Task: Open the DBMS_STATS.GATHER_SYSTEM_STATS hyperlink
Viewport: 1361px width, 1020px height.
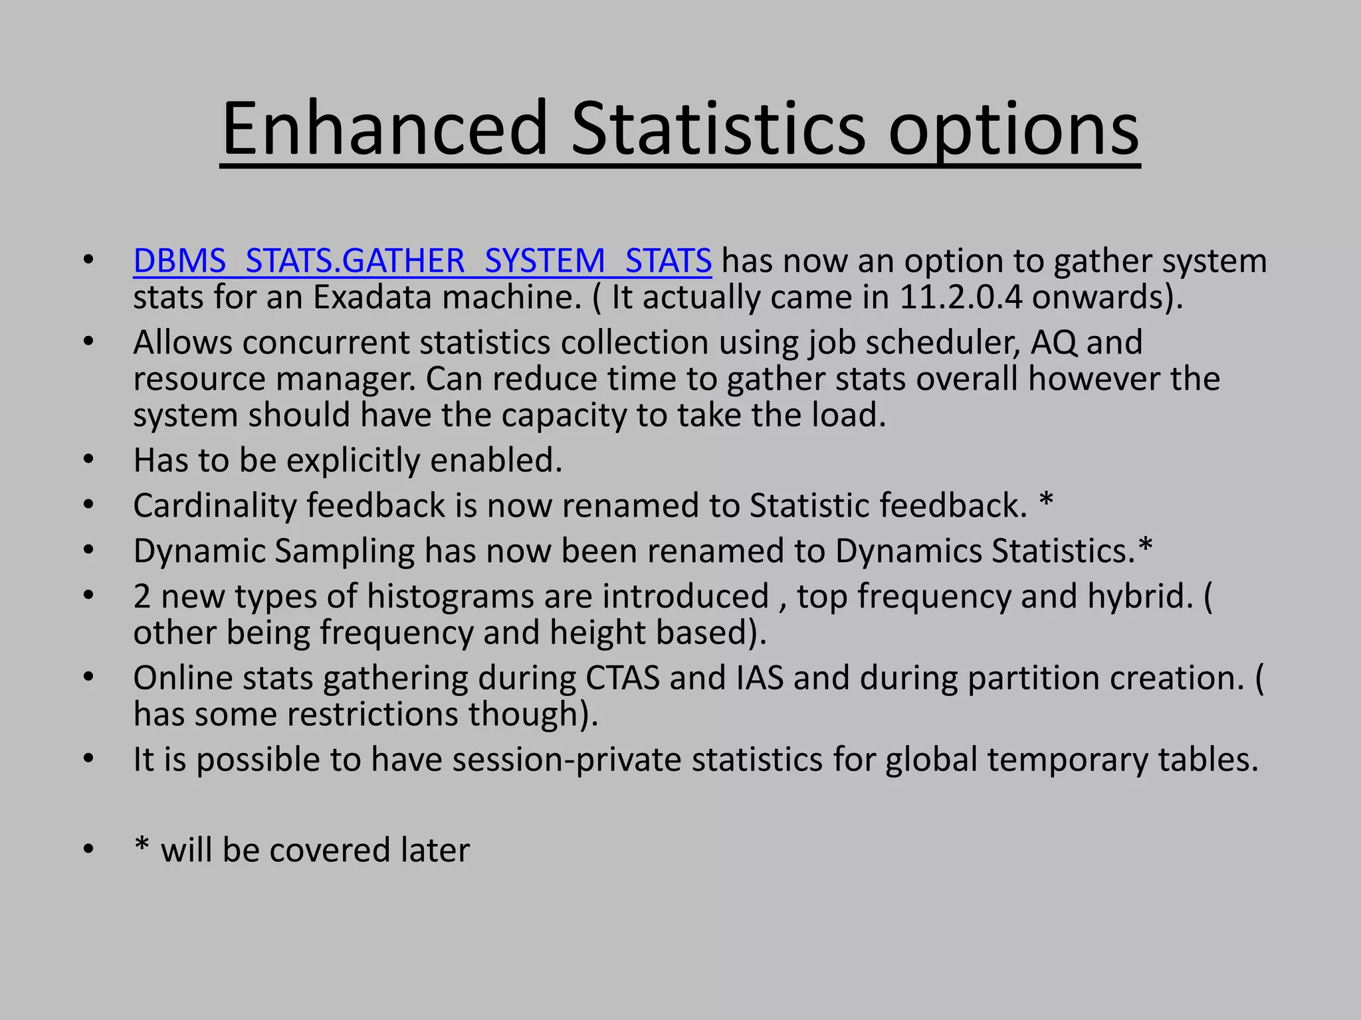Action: tap(422, 260)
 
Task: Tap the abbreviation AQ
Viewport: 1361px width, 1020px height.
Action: tap(1053, 343)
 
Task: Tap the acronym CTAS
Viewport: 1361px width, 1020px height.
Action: tap(622, 678)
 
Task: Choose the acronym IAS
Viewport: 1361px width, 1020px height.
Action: tap(760, 678)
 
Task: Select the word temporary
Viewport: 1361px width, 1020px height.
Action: tap(1067, 760)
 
